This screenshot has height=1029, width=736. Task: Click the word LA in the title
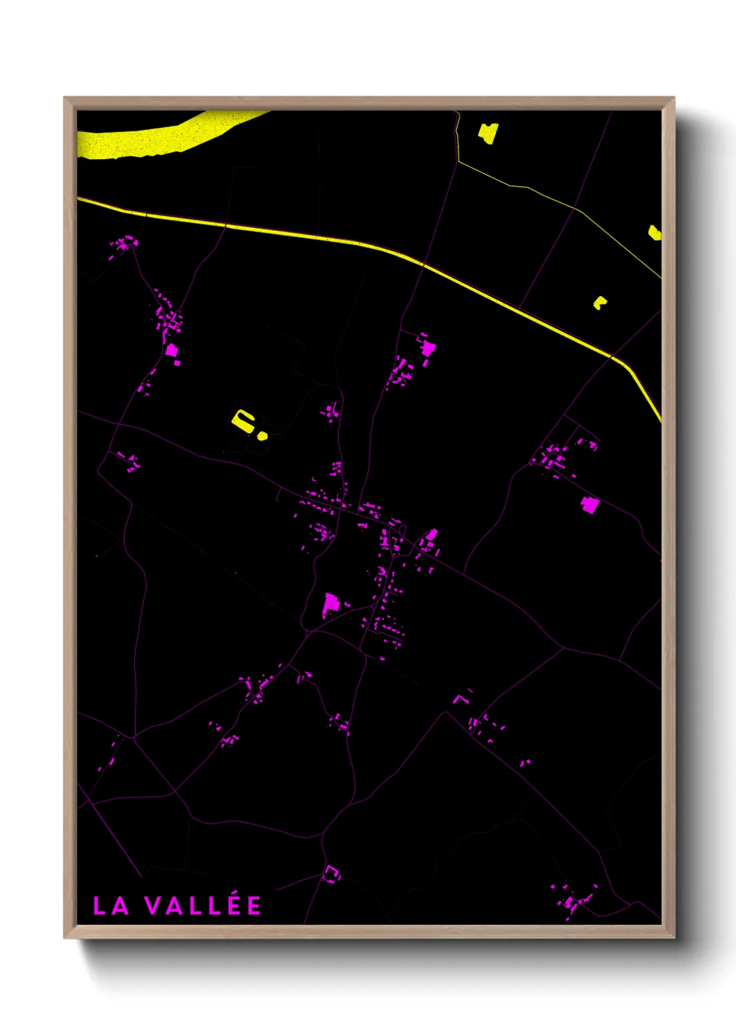[x=111, y=906]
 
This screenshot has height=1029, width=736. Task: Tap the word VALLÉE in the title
[x=203, y=905]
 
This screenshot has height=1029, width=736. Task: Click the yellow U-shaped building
[x=242, y=421]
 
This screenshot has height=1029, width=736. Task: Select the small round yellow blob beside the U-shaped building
[x=262, y=436]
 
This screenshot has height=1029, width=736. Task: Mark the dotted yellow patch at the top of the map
[x=488, y=133]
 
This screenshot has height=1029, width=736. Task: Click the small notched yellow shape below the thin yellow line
[x=599, y=302]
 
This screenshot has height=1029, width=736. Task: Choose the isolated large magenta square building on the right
[x=589, y=505]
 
